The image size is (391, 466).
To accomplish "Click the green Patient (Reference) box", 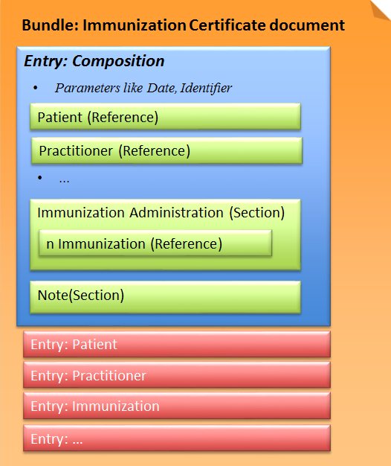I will point(165,117).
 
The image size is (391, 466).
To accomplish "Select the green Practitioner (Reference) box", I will point(167,151).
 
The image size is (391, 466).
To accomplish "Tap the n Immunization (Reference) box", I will point(155,243).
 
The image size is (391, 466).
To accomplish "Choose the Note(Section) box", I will point(165,296).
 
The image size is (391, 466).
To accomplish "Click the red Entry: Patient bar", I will point(176,345).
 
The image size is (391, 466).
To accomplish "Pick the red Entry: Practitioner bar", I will point(176,376).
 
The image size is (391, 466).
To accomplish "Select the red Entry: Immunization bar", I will point(176,406).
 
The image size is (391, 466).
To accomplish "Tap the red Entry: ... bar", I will point(176,439).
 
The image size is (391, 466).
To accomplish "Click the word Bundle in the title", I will point(50,25).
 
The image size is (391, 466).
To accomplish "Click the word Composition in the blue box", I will point(118,61).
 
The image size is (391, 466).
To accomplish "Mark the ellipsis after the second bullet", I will point(64,179).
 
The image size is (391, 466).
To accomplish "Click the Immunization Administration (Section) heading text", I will point(161,213).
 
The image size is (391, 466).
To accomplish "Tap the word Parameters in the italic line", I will point(84,88).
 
